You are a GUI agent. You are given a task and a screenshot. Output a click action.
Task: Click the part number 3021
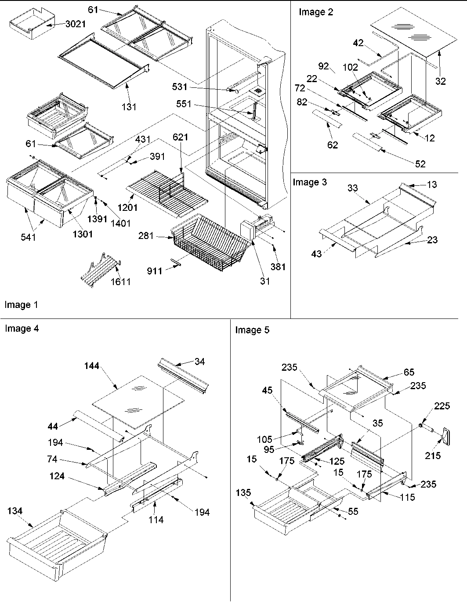tap(75, 24)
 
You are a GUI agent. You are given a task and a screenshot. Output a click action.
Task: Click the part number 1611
tap(120, 282)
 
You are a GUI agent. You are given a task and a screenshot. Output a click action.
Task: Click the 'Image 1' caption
tap(18, 305)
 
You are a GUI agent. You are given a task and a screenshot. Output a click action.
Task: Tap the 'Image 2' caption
tap(316, 12)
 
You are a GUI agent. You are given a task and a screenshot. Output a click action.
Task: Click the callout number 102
tap(351, 68)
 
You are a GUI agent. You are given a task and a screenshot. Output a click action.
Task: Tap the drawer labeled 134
tap(57, 540)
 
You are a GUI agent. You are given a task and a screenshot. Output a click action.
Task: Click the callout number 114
tap(156, 520)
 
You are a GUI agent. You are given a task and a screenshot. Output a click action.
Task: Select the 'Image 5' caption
tap(252, 330)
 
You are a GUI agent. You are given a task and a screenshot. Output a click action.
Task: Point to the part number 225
tap(442, 406)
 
